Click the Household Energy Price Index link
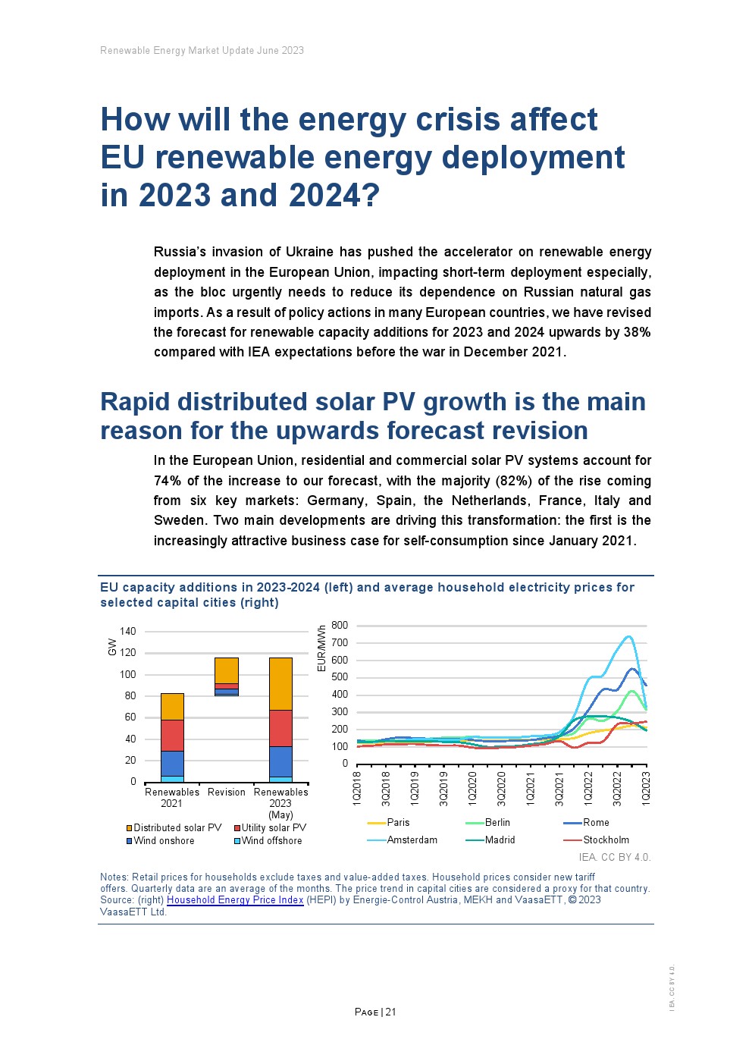pos(235,900)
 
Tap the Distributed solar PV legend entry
pos(177,827)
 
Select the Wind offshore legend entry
pos(271,840)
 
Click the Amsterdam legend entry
pos(412,840)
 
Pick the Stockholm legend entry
pos(606,840)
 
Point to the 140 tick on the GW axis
pos(128,631)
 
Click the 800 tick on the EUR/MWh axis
pos(340,626)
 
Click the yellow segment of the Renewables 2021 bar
pos(172,706)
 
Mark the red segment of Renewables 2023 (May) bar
pos(280,728)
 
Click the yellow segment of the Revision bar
pos(227,670)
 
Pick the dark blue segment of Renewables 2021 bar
pos(172,763)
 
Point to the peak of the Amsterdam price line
pos(628,636)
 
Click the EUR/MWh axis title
pos(322,648)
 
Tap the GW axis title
pos(113,647)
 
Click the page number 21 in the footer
pos(391,1012)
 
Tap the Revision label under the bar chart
pos(227,792)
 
